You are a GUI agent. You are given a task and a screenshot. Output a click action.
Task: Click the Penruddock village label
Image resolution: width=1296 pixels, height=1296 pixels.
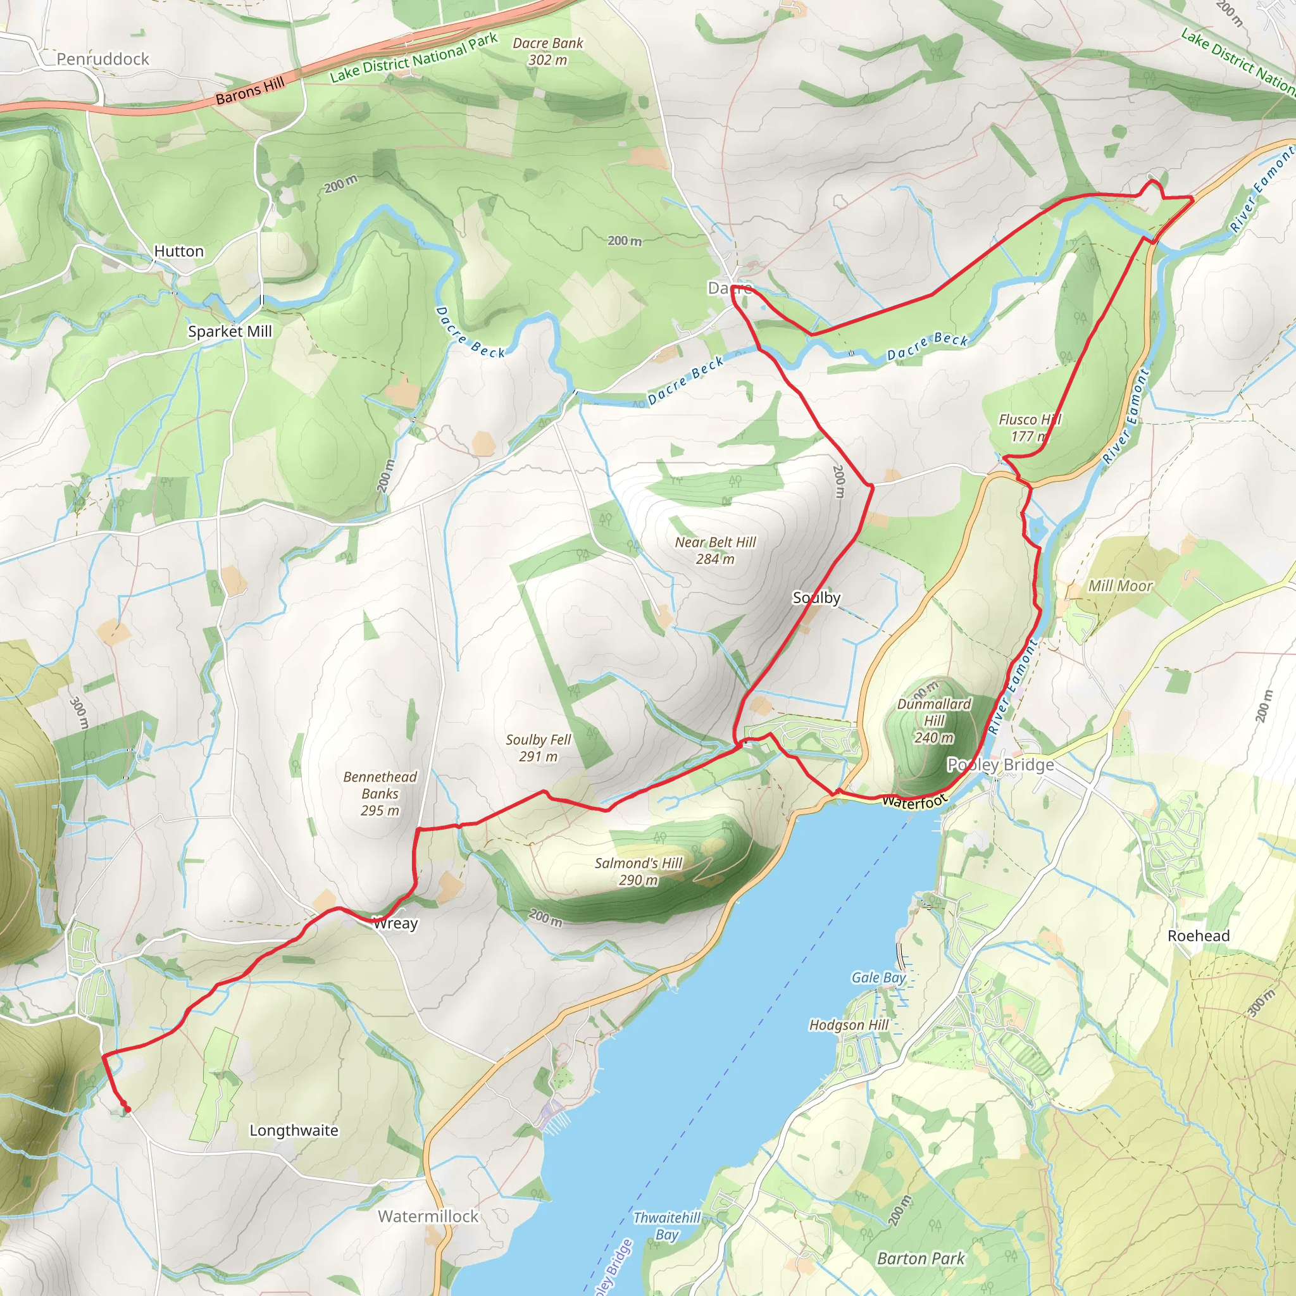click(x=103, y=59)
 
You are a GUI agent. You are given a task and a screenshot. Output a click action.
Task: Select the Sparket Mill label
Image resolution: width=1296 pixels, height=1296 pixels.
click(x=230, y=332)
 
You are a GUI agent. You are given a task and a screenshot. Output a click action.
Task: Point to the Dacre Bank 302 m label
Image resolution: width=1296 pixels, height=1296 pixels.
click(x=547, y=51)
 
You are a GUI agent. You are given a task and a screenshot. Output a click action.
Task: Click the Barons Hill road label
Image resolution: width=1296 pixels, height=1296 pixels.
click(x=249, y=90)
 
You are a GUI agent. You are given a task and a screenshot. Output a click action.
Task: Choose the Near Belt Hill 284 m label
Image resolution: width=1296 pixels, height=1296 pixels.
click(x=715, y=550)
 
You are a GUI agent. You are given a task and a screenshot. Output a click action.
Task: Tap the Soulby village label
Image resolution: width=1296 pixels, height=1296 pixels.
click(x=816, y=597)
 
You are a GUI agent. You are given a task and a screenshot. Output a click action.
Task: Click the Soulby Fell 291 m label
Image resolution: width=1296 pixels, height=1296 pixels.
click(x=538, y=747)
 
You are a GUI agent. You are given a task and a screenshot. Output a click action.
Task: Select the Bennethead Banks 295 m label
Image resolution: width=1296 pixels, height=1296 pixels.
click(x=380, y=793)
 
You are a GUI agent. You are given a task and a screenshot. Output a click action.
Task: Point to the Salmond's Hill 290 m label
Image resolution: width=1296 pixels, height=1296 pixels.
click(x=638, y=871)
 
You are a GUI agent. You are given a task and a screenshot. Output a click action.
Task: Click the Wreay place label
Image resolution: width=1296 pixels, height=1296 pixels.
click(x=395, y=923)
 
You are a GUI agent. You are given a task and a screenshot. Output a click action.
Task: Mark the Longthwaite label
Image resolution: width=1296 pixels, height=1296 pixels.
click(x=294, y=1130)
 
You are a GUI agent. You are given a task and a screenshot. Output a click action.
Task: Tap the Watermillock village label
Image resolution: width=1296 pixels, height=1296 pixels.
click(x=428, y=1216)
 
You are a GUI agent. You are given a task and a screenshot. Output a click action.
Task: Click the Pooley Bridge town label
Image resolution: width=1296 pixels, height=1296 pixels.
click(x=1000, y=764)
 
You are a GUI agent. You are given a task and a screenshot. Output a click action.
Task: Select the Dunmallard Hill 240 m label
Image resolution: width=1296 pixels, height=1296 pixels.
click(x=934, y=720)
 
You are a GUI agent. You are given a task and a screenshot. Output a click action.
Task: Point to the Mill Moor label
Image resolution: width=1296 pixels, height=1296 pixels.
click(x=1119, y=585)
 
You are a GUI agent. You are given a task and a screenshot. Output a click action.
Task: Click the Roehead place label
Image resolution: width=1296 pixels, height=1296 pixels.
click(x=1198, y=936)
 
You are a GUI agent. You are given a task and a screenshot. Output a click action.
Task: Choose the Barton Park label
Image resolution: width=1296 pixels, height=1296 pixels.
click(x=920, y=1259)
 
